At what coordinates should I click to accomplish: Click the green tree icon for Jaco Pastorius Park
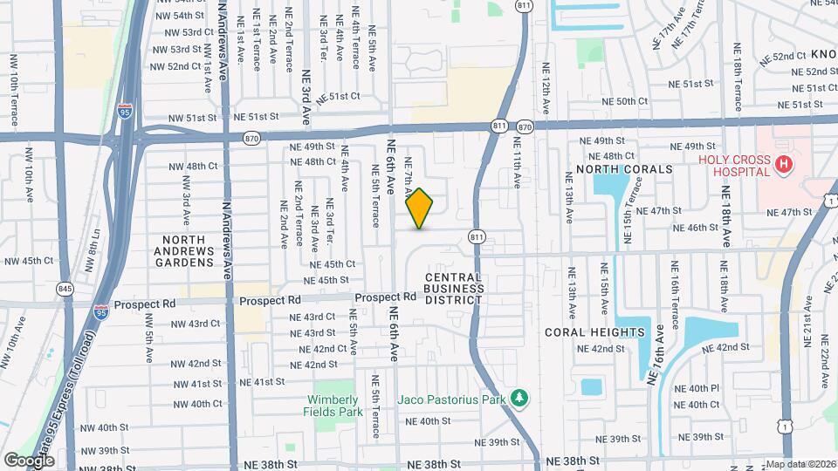pos(520,399)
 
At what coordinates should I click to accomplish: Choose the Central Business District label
pos(454,288)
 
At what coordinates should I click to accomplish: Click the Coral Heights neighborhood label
pos(594,332)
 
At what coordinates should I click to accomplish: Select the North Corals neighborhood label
pos(624,168)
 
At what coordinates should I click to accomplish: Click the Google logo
pos(29,460)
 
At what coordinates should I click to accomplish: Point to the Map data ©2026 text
pos(800,464)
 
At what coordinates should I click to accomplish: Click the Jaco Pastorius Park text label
pos(453,399)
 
